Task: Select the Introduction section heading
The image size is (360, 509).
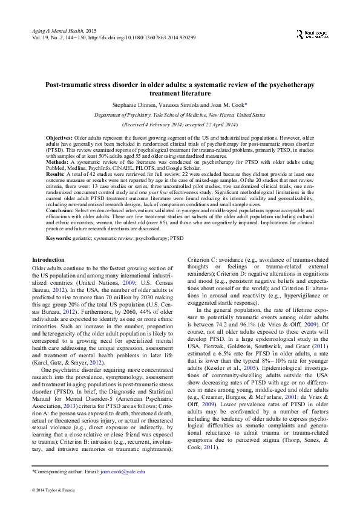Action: click(48, 259)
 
